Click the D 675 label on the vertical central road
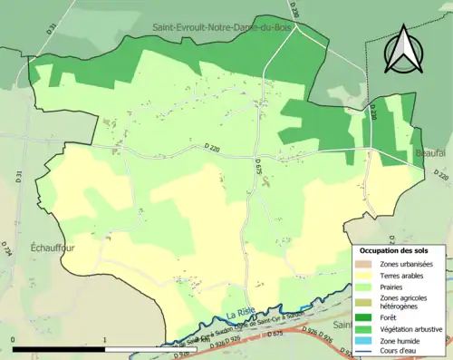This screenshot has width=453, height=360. pos(258,167)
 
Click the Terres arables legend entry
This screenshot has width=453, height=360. pos(404,255)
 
